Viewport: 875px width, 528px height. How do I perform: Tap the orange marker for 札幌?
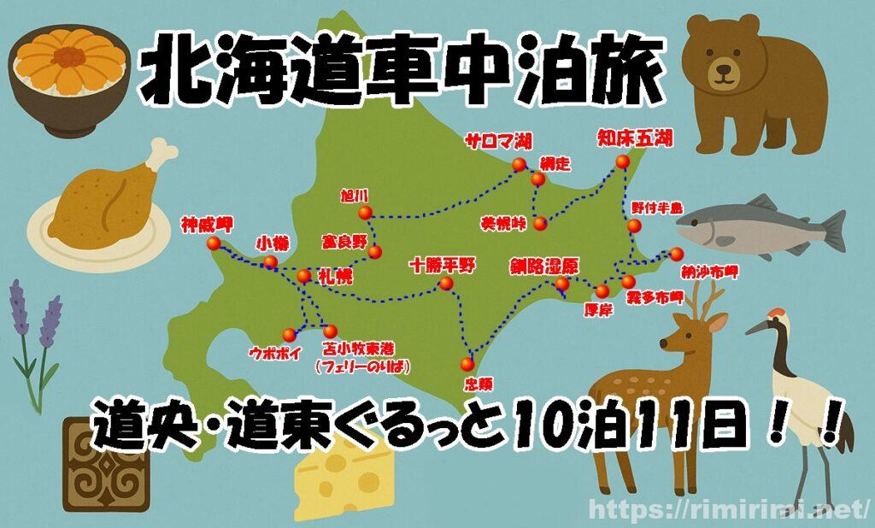click(x=303, y=276)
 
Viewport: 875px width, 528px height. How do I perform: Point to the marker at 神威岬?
click(x=213, y=244)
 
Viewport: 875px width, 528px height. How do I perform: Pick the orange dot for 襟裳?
click(x=467, y=362)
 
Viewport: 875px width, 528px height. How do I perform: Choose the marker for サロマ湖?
click(x=518, y=165)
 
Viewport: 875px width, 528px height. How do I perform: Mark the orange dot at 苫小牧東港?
click(x=330, y=331)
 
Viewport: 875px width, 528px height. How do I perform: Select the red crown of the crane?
click(x=776, y=314)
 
